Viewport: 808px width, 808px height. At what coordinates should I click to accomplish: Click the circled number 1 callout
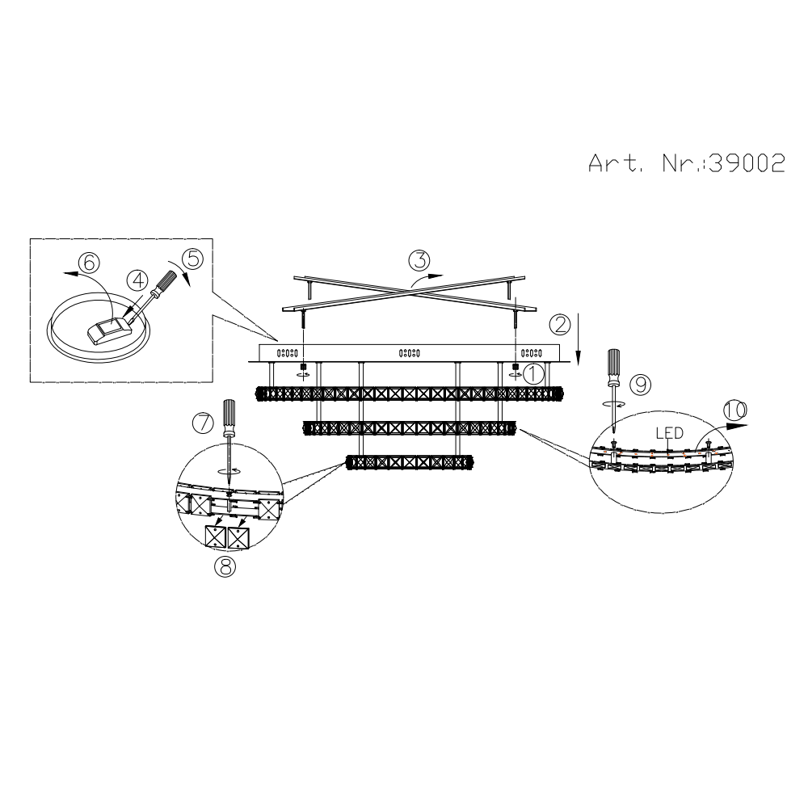(533, 373)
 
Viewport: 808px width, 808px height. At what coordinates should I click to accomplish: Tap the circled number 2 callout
(560, 325)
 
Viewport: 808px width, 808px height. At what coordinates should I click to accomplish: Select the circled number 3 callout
(419, 260)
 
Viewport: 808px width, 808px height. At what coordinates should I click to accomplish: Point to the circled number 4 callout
(137, 280)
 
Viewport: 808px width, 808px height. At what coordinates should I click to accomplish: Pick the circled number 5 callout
(193, 259)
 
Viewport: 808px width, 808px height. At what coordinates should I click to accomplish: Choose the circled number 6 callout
(89, 263)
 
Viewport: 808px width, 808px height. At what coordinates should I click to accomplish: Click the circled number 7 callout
(203, 423)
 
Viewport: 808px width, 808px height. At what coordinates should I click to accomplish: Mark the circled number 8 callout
(225, 567)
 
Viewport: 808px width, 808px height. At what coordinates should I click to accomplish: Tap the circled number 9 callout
(641, 385)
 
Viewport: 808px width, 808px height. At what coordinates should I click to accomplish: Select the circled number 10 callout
(735, 410)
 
